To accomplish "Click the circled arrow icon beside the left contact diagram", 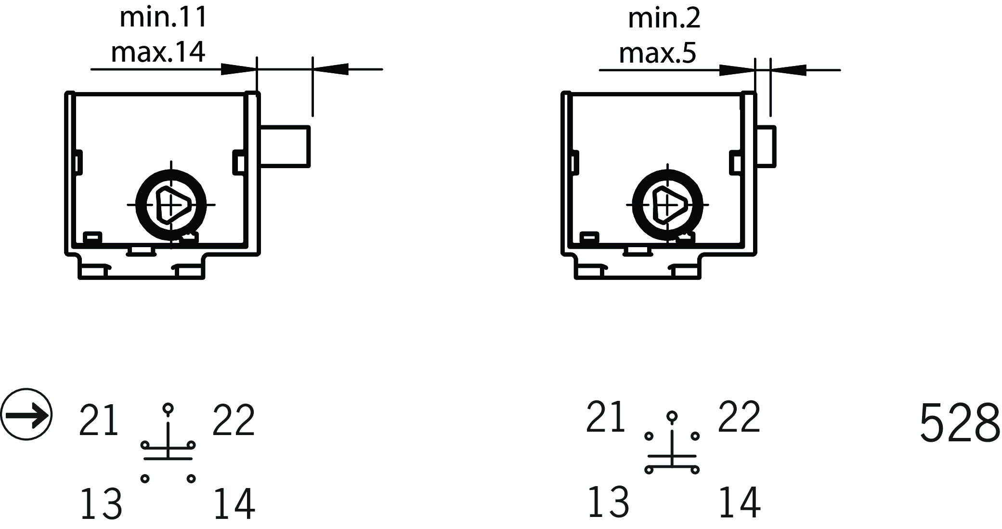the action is coord(26,414).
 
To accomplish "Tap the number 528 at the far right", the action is coord(960,423).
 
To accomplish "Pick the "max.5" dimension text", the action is coord(657,53).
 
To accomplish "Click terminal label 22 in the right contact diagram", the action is coord(739,416).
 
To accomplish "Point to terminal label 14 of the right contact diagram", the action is coord(739,502).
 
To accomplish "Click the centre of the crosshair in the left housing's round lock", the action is coord(171,205).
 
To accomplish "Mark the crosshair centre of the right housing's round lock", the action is coord(667,205).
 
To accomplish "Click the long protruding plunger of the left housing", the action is coord(285,146).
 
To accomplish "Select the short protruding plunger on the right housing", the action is coord(766,146).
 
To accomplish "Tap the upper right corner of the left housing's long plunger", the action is coord(310,126).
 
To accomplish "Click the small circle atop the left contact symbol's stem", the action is coord(168,409).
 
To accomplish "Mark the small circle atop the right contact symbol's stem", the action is coord(672,416).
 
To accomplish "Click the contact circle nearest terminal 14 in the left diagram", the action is coord(191,478).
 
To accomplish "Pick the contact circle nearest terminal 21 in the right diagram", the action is coord(649,436).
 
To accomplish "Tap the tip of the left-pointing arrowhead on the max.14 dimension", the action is coord(313,69).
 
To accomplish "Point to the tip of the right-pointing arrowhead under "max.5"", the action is coord(755,70).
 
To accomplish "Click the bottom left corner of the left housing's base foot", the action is coord(79,278).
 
